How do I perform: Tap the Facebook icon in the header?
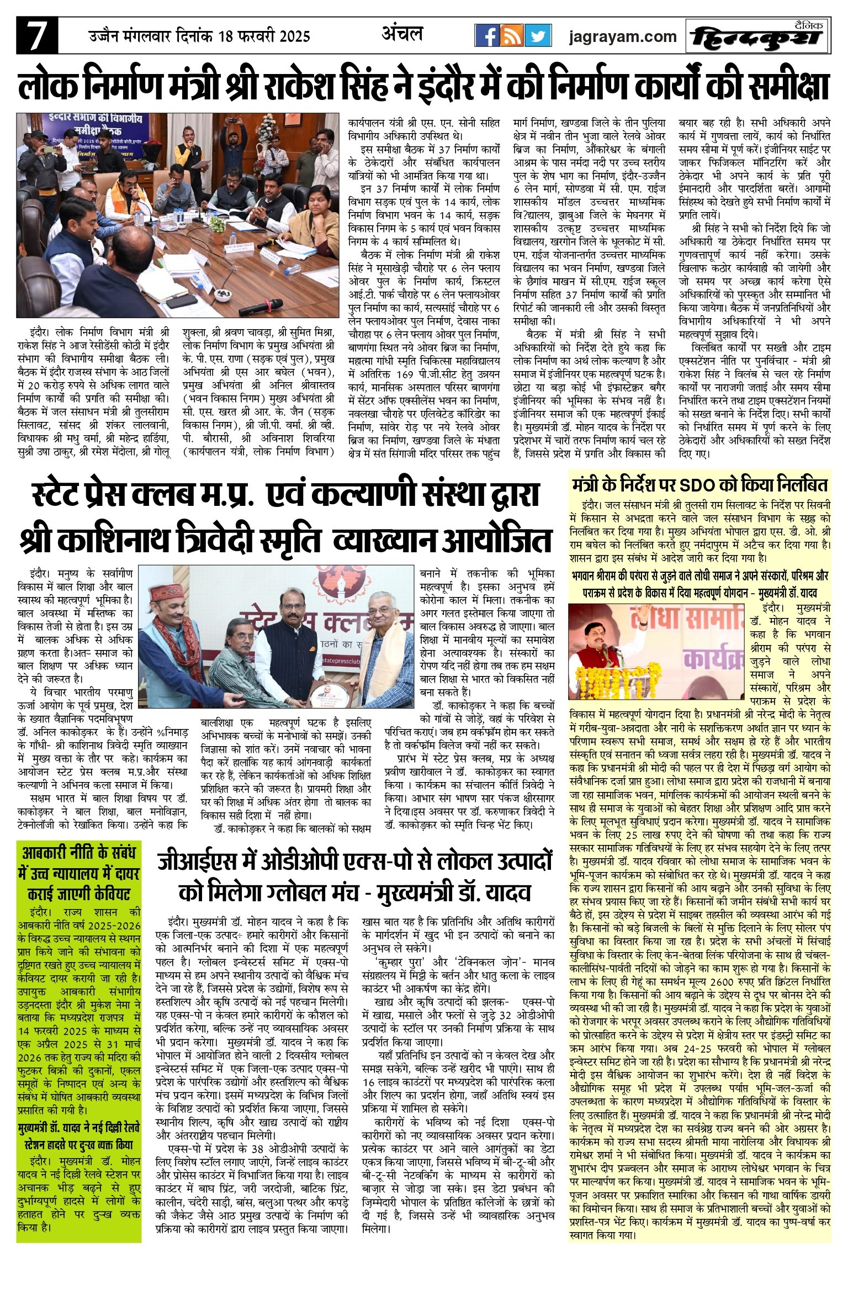click(487, 36)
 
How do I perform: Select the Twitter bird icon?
click(538, 36)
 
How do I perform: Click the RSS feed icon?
click(512, 36)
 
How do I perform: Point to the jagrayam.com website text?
click(623, 37)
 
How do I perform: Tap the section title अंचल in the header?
click(402, 34)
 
